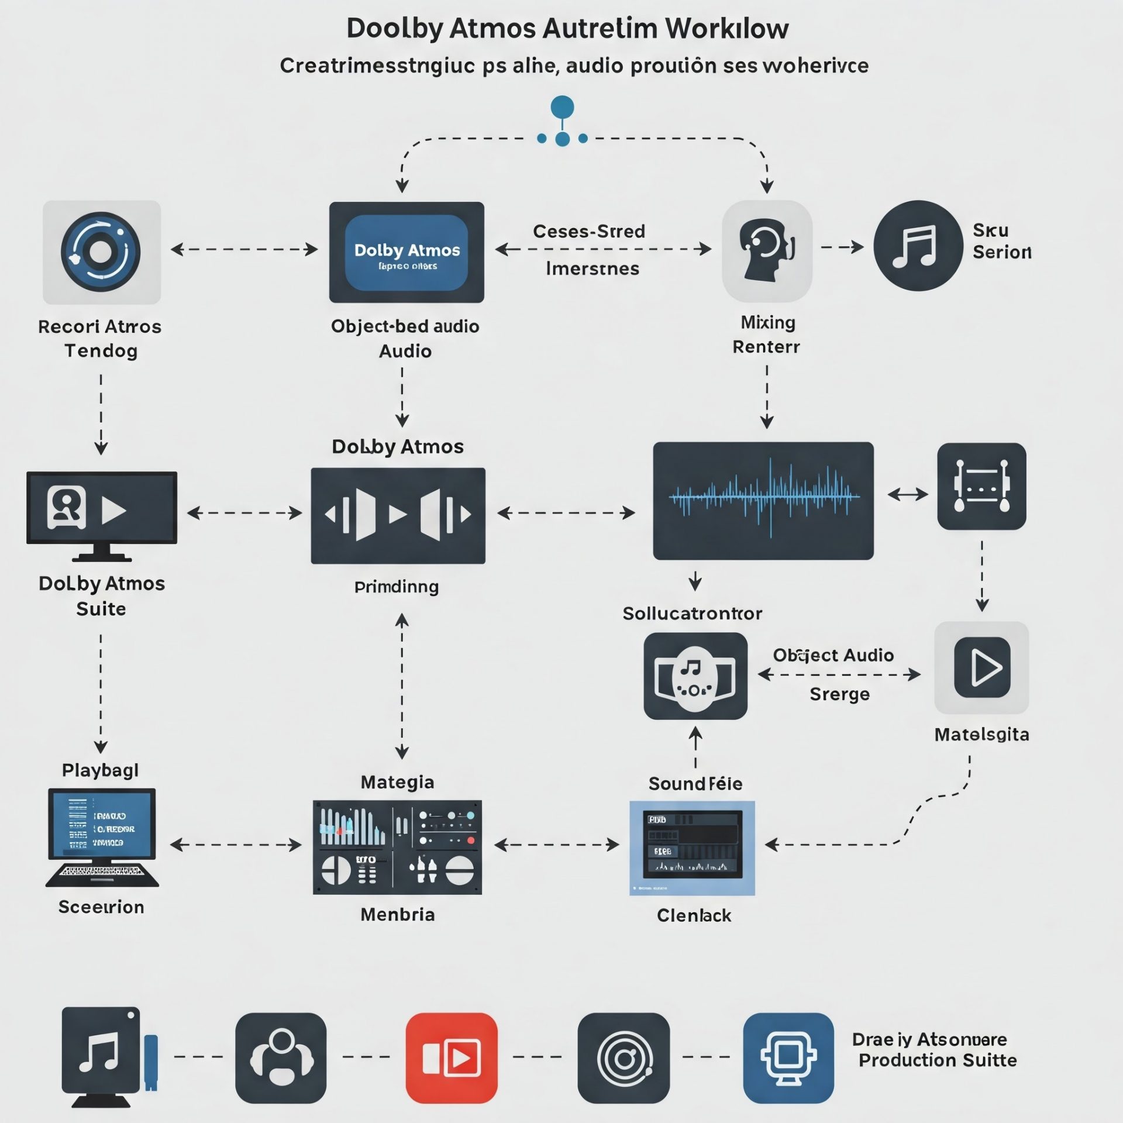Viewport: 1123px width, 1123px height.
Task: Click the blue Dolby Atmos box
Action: coord(407,252)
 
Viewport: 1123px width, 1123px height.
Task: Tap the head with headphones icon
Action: coord(767,250)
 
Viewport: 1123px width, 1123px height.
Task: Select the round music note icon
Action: coord(918,246)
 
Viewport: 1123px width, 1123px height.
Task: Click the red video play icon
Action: coord(451,1058)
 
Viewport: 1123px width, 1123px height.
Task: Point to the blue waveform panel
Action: coord(763,501)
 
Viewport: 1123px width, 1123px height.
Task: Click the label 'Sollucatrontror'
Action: coord(692,614)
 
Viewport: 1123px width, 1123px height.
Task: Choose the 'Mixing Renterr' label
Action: coord(767,335)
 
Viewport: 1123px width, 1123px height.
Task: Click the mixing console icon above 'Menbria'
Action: coord(397,847)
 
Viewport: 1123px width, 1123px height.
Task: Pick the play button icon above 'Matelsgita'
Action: coord(981,667)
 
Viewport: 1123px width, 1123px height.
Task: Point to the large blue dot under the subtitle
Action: coord(562,108)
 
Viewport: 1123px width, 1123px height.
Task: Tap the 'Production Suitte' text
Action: coord(937,1060)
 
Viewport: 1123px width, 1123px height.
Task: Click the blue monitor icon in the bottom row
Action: coord(788,1058)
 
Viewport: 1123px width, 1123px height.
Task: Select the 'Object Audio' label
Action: coord(833,655)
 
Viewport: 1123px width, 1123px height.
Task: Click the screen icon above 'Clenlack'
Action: coord(692,848)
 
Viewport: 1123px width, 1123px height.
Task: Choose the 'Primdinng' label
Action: coord(397,587)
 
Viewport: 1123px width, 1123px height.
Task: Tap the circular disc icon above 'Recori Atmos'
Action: coord(101,252)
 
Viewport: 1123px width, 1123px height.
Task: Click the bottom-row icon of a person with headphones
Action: coord(281,1058)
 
